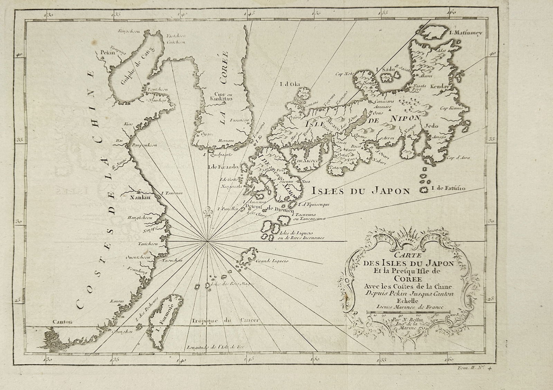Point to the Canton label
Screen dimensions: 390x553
(60, 322)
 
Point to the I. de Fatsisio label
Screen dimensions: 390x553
(448, 188)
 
